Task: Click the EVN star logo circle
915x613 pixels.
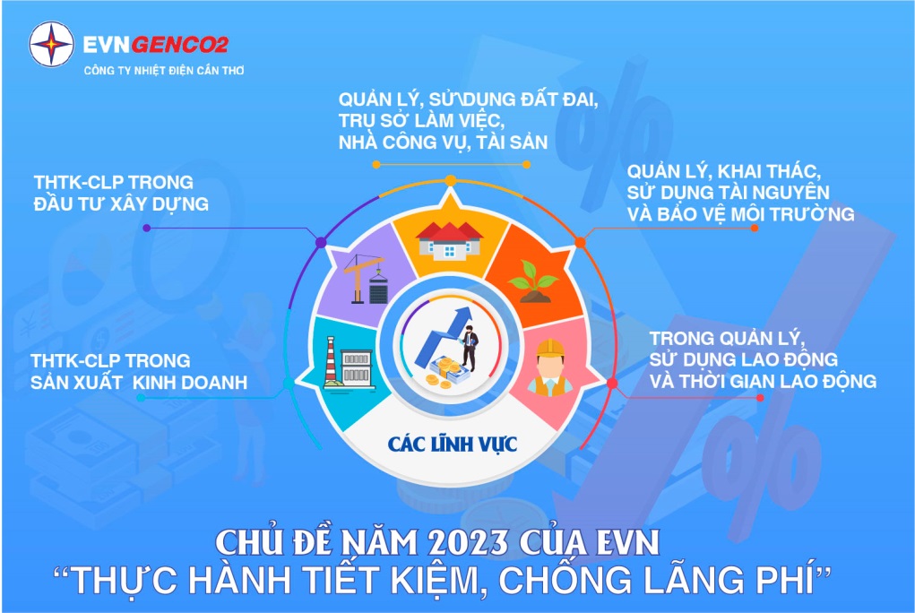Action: pyautogui.click(x=51, y=45)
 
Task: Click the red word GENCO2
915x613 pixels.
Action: pyautogui.click(x=180, y=45)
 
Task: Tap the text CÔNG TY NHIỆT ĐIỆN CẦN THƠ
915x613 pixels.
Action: pyautogui.click(x=164, y=71)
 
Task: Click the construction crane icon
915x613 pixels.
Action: pyautogui.click(x=366, y=281)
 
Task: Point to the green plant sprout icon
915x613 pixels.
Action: pyautogui.click(x=532, y=281)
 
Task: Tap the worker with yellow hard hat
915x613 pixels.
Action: pyautogui.click(x=549, y=367)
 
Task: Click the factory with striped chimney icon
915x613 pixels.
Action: pyautogui.click(x=348, y=363)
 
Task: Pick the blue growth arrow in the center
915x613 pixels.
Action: pyautogui.click(x=444, y=338)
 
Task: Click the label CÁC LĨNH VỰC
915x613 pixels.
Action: pyautogui.click(x=453, y=444)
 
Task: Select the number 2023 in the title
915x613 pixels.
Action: pyautogui.click(x=468, y=543)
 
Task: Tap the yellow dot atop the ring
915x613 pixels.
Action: pyautogui.click(x=451, y=180)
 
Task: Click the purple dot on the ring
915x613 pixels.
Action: pyautogui.click(x=320, y=242)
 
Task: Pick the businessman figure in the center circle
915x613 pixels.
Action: pyautogui.click(x=470, y=350)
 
